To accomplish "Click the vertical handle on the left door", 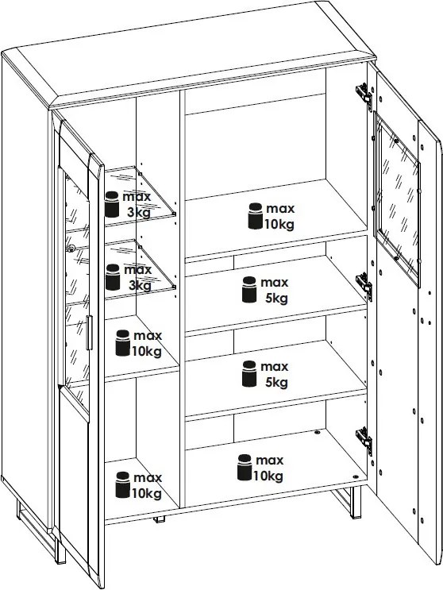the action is tap(89, 333).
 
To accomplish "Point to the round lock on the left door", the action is tap(71, 248).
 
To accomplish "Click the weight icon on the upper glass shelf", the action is tap(112, 204).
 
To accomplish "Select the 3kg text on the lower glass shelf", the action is tap(140, 286).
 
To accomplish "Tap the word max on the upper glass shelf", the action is tap(137, 196).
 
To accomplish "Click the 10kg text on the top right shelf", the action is tap(279, 224).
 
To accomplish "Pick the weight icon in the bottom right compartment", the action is tap(245, 468).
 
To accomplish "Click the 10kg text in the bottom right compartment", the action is tap(268, 476).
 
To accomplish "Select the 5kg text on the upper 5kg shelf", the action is tap(276, 299).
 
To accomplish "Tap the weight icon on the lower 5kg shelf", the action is tap(249, 374).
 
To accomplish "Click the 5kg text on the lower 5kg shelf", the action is tap(276, 382).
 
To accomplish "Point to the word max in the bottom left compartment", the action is tap(148, 477).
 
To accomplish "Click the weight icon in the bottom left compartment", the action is tap(123, 484).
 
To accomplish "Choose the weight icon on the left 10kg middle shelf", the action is tap(123, 343).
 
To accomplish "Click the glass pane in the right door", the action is tap(398, 195).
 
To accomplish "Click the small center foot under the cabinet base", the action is tap(159, 519).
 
